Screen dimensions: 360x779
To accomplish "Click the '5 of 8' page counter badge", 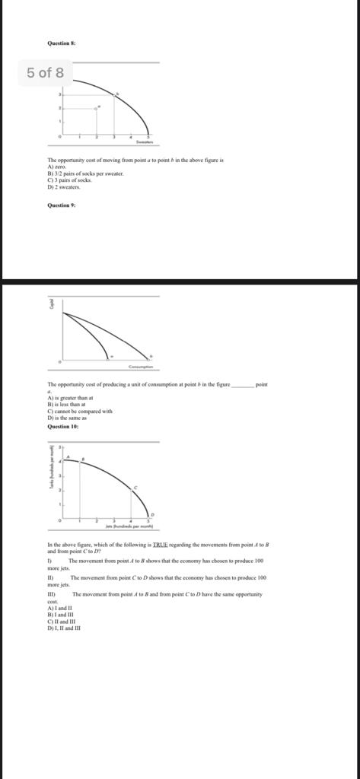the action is (x=46, y=73).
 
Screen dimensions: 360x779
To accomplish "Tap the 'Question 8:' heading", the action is (x=62, y=43).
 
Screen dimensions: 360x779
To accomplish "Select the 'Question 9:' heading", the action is (x=62, y=205).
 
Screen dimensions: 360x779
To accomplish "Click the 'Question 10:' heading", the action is (x=63, y=427).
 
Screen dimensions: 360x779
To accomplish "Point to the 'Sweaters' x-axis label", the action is (x=145, y=142).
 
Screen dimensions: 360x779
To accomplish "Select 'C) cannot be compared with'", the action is (x=79, y=412).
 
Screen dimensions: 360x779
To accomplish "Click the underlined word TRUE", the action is (x=160, y=546).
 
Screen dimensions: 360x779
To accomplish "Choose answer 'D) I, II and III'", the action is (x=64, y=628).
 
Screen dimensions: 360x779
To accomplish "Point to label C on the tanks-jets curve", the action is (x=136, y=487).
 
